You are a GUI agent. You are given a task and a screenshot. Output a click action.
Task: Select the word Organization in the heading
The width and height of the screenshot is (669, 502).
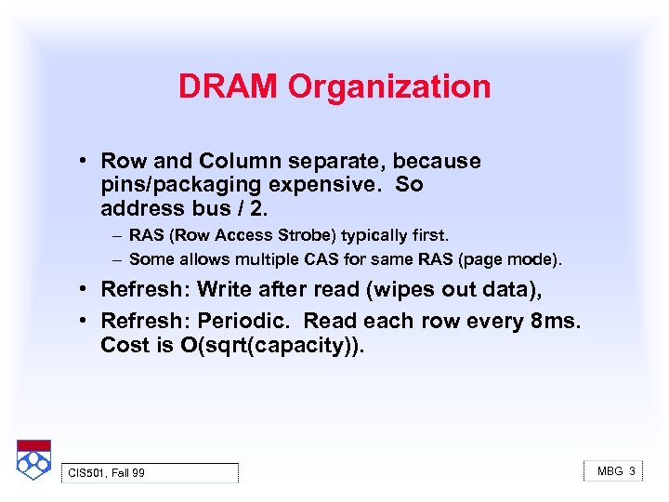pos(389,86)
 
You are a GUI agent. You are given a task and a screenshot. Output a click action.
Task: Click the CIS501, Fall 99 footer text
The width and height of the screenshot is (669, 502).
pos(107,473)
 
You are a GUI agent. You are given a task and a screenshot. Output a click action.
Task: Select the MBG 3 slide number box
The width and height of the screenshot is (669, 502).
pos(615,471)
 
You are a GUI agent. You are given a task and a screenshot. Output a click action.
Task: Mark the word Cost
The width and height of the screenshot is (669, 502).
pos(125,345)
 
